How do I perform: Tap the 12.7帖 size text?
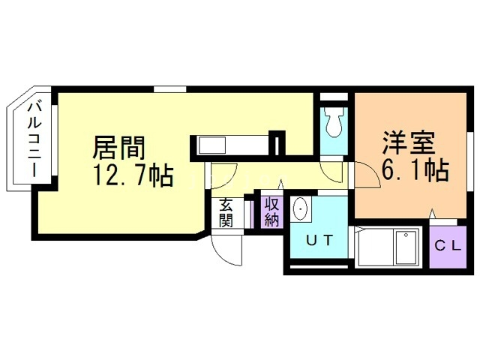133,176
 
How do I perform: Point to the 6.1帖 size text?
415,172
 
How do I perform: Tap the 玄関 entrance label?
226,212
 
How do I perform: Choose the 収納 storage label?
271,211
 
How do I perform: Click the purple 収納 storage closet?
271,211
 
